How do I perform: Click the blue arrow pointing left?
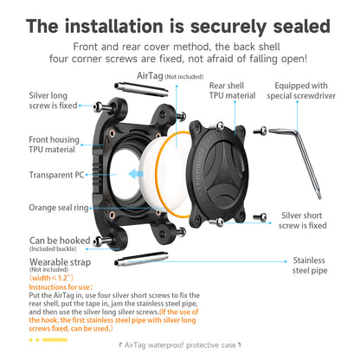tap(136, 174)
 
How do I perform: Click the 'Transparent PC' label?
tap(56, 175)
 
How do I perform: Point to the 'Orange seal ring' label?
tap(59, 208)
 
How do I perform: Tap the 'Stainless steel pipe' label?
tap(309, 266)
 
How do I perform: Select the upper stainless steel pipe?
tap(141, 89)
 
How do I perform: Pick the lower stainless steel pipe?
tap(141, 259)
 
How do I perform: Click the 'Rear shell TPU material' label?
tap(232, 91)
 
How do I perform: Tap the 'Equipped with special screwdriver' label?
tap(301, 91)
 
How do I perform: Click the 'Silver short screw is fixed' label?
tap(302, 221)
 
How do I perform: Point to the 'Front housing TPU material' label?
tap(54, 145)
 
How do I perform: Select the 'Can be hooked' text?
tap(60, 241)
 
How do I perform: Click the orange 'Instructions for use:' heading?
tap(61, 287)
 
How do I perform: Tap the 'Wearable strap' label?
tap(60, 262)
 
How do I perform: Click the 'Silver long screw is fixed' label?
tap(53, 100)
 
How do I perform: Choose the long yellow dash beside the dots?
tap(55, 340)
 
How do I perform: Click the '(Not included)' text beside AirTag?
tap(184, 77)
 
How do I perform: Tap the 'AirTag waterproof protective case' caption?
tap(180, 345)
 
